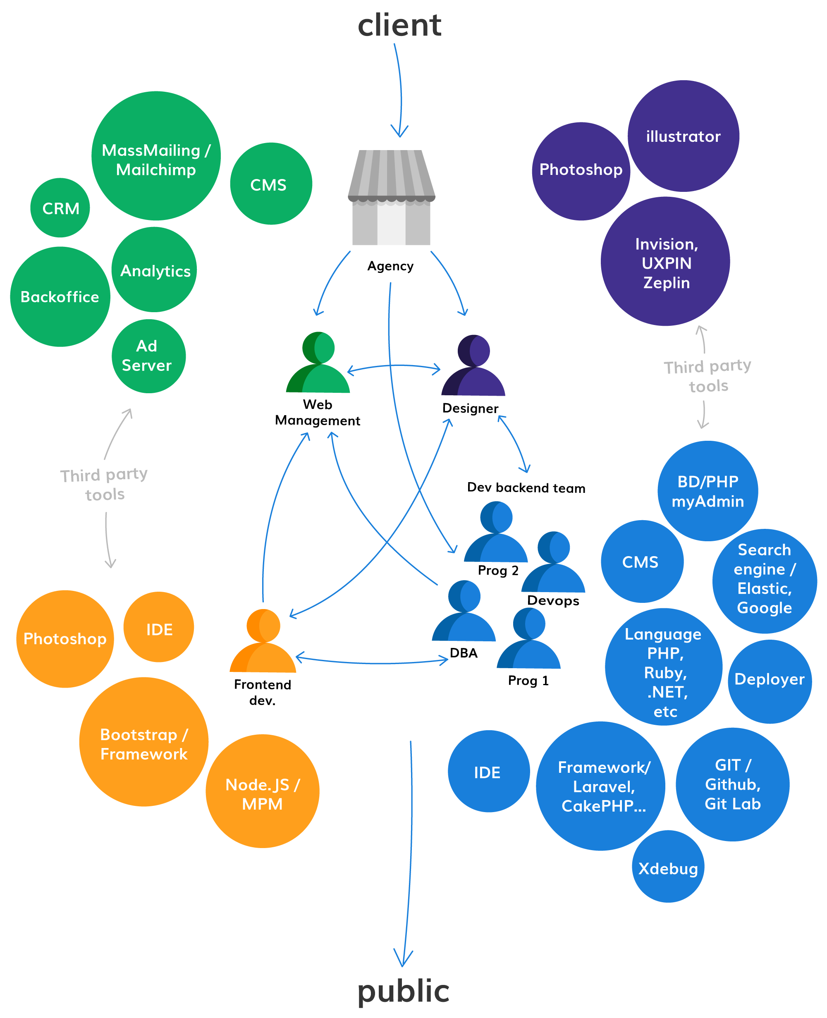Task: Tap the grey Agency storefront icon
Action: coord(391,197)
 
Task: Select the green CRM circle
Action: coord(60,208)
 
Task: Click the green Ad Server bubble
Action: coord(148,356)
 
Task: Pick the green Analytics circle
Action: coord(154,269)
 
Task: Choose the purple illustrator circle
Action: coord(683,136)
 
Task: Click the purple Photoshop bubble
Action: coord(581,171)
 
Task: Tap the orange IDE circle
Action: coord(159,627)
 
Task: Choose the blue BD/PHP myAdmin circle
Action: coord(707,491)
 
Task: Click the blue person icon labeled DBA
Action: coord(464,611)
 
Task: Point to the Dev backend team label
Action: coord(526,488)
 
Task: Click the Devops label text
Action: coord(553,601)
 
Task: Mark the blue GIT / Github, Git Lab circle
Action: coord(733,784)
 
